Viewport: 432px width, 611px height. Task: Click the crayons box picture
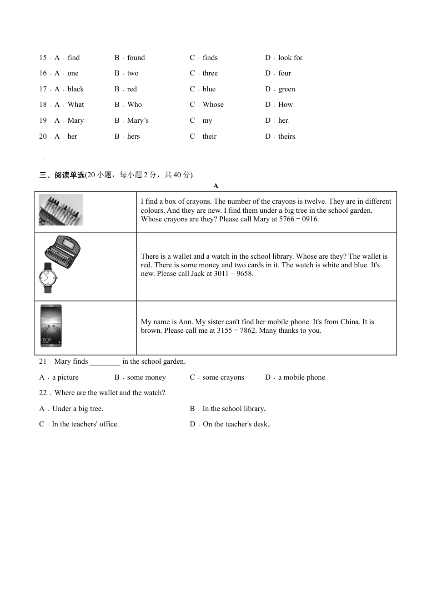pyautogui.click(x=61, y=210)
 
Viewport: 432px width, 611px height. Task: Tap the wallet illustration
pyautogui.click(x=63, y=251)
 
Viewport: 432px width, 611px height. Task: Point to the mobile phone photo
pyautogui.click(x=51, y=326)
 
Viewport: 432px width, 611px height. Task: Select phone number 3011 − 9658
pyautogui.click(x=233, y=274)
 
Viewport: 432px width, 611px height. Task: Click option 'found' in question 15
pyautogui.click(x=136, y=58)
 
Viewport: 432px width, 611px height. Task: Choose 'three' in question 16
pyautogui.click(x=210, y=73)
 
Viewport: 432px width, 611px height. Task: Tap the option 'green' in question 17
pyautogui.click(x=286, y=89)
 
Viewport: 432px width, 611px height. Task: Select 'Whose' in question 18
pyautogui.click(x=213, y=105)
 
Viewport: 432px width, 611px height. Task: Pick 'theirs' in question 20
pyautogui.click(x=286, y=136)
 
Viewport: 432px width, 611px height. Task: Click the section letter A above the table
pyautogui.click(x=216, y=185)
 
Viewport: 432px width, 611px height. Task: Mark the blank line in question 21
pyautogui.click(x=105, y=362)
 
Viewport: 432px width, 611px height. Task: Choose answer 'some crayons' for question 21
pyautogui.click(x=223, y=377)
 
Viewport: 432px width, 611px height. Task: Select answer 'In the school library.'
pyautogui.click(x=234, y=409)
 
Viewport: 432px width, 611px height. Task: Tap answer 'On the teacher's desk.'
pyautogui.click(x=236, y=424)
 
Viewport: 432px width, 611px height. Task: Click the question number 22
pyautogui.click(x=43, y=393)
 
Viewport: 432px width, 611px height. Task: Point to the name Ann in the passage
pyautogui.click(x=185, y=322)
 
